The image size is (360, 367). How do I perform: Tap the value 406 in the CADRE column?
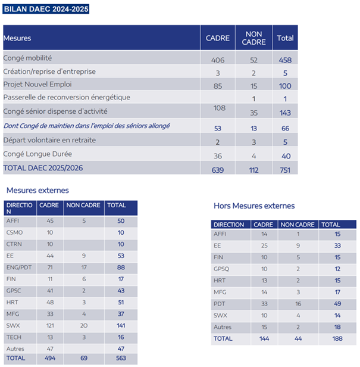coord(217,60)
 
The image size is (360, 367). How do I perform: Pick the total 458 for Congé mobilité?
coord(285,60)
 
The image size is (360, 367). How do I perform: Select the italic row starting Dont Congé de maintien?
coord(86,126)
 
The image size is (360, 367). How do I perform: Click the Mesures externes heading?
coord(37,191)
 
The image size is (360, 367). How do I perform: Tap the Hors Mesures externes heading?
coord(253,206)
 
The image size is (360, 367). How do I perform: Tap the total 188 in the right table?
coord(337,338)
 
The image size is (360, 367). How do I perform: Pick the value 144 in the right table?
coord(264,338)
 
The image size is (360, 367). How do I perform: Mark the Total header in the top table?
coord(285,38)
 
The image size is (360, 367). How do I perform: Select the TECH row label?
coord(15,336)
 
